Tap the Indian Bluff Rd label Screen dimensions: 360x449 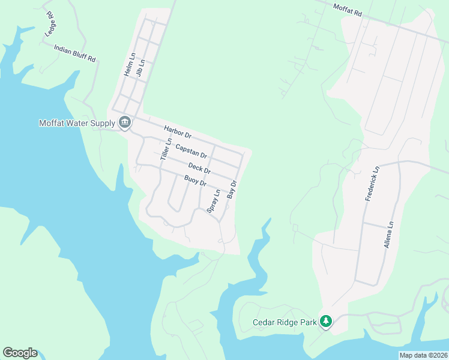[75, 53]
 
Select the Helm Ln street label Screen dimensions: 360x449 [127, 64]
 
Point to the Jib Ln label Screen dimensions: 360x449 [141, 68]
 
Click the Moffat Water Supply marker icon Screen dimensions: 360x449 [124, 123]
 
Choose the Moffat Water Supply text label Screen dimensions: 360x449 [77, 124]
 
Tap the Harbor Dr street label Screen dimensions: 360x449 [177, 131]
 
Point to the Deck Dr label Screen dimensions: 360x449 [199, 169]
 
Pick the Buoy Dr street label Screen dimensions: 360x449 [195, 180]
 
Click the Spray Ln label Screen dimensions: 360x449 [213, 201]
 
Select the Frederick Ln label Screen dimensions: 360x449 [372, 184]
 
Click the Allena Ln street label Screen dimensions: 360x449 [388, 235]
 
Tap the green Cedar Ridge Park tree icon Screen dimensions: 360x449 [326, 322]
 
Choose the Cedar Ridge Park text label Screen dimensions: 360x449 [284, 323]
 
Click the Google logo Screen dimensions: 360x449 [20, 353]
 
